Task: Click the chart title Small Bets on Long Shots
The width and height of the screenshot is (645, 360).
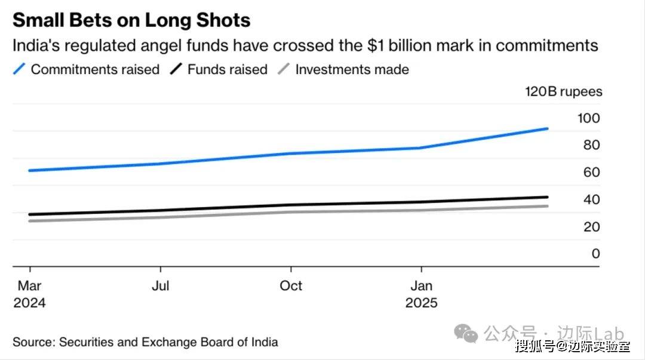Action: [131, 20]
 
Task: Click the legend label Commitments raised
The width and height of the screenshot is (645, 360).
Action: [95, 69]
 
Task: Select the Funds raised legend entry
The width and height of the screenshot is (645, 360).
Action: [228, 69]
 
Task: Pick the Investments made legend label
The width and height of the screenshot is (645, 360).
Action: [352, 69]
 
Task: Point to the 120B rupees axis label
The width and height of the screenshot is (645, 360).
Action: [563, 92]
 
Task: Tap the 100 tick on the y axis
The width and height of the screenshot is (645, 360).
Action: [588, 118]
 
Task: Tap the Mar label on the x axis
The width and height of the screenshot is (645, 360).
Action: [29, 286]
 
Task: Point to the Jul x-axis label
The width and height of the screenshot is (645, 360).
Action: [161, 286]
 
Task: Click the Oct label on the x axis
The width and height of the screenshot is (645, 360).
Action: [291, 286]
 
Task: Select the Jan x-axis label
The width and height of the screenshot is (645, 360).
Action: [421, 286]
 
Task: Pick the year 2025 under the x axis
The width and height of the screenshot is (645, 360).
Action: [421, 303]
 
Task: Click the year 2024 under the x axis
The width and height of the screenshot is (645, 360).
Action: [29, 303]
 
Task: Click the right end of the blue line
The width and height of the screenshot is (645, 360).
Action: [547, 128]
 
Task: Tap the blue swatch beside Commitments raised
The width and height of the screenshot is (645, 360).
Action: [20, 69]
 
